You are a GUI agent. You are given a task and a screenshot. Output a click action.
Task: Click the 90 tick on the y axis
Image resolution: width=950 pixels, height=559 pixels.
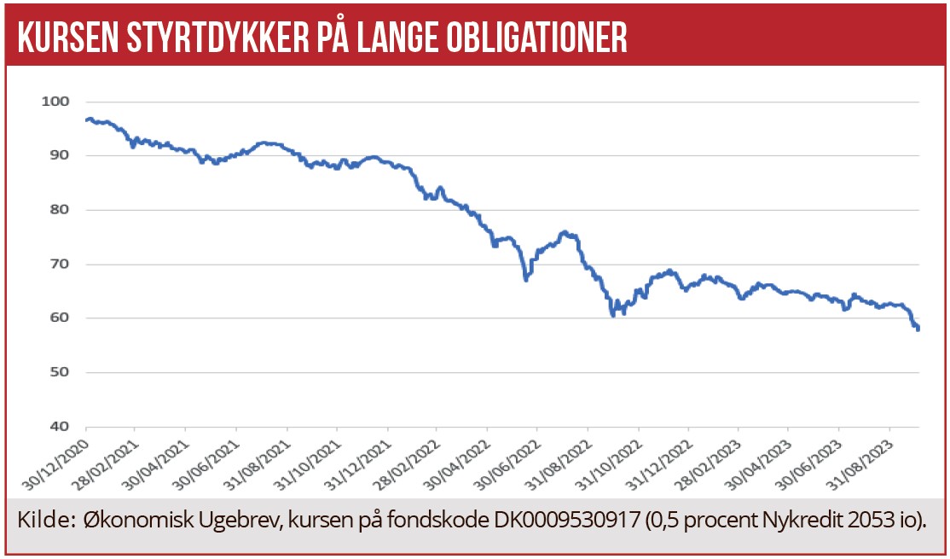(x=58, y=155)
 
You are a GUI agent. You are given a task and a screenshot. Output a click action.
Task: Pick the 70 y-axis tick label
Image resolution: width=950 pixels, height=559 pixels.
(x=58, y=264)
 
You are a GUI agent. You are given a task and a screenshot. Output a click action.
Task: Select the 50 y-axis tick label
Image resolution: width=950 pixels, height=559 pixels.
(x=58, y=372)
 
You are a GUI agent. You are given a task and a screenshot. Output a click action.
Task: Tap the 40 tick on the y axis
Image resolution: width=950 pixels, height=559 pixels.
(x=58, y=427)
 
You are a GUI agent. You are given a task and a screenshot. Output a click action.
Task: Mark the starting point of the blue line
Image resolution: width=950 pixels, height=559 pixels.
(x=86, y=119)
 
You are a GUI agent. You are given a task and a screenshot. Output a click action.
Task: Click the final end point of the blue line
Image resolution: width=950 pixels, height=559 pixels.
(x=918, y=329)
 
